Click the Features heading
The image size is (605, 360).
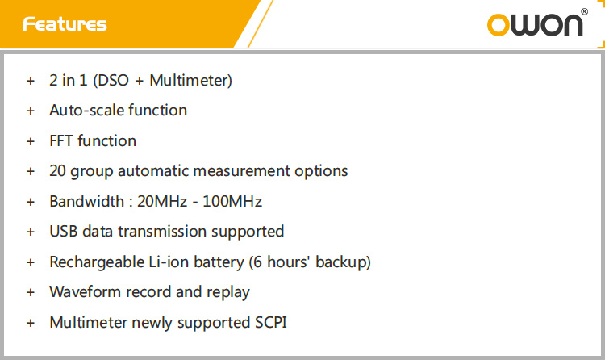[x=65, y=24]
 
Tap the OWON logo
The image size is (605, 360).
[x=535, y=25]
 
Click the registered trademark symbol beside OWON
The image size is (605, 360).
[x=585, y=11]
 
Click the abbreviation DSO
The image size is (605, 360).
[x=114, y=81]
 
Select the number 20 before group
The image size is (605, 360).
[x=57, y=171]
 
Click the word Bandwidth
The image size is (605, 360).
[x=87, y=201]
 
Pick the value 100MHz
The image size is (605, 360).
[x=232, y=201]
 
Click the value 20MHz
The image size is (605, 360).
[x=162, y=201]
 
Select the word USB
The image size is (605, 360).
[x=64, y=232]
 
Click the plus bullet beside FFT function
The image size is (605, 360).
[x=31, y=141]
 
